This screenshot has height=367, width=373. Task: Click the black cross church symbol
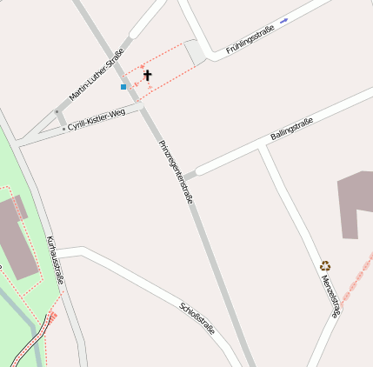click(147, 76)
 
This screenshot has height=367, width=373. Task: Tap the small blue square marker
click(123, 87)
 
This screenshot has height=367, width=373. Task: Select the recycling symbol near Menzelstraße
click(325, 266)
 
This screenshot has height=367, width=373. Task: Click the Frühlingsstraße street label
click(250, 40)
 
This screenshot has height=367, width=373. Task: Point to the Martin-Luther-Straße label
click(97, 75)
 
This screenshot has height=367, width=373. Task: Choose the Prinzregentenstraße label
click(176, 171)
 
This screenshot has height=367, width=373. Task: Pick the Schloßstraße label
click(196, 318)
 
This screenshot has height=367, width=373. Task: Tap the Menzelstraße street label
click(330, 296)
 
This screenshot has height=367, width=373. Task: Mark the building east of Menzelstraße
click(356, 204)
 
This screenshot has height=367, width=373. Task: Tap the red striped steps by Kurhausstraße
click(52, 317)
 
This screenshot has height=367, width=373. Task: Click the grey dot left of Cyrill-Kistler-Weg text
click(63, 128)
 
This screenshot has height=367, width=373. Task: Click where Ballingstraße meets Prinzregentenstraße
click(184, 177)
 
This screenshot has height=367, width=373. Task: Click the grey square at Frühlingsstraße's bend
click(196, 51)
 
